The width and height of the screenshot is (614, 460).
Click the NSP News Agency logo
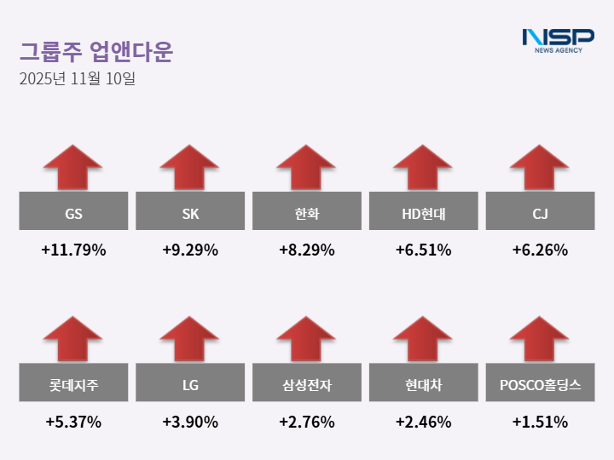558,40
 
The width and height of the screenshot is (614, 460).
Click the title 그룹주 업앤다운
96,53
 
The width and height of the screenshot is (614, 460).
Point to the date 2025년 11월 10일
77,80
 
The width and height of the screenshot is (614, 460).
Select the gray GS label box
73,211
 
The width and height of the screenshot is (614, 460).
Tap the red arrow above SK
190,167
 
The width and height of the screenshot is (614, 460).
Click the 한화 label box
306,211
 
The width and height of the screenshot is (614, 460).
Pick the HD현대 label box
423,211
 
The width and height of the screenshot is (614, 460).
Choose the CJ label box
540,211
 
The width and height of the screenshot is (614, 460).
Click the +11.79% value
73,250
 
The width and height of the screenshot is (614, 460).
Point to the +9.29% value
190,250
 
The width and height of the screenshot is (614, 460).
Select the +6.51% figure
423,250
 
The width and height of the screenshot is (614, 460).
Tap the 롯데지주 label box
73,383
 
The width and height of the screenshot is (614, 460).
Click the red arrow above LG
190,339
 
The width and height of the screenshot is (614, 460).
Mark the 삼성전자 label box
306,383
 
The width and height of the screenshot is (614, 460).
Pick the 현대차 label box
423,383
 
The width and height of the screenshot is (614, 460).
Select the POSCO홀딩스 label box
540,383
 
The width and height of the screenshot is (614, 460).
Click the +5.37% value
73,422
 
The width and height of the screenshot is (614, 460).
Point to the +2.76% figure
306,422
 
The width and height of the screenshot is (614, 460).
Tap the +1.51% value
540,422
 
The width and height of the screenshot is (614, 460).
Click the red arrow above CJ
540,167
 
